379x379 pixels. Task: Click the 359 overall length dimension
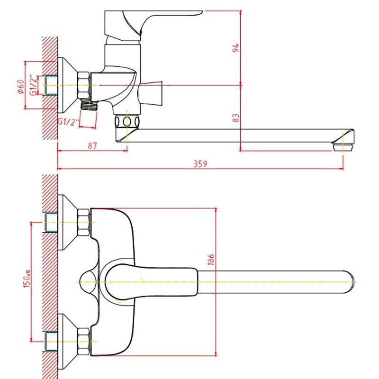tap(200, 164)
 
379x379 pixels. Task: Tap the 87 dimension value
tap(92, 146)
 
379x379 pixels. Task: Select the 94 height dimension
tap(235, 48)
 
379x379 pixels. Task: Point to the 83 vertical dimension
tap(235, 117)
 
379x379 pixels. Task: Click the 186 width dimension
tap(211, 259)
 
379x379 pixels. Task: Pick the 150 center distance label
tap(27, 279)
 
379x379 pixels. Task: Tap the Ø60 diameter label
tap(21, 87)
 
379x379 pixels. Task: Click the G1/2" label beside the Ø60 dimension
tap(34, 85)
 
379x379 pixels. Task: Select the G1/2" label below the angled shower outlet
tap(68, 122)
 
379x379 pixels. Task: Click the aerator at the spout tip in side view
tap(343, 146)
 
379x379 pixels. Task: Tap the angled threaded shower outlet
tap(89, 106)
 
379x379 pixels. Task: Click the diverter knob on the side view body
tap(151, 93)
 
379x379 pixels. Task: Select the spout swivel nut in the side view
tap(127, 122)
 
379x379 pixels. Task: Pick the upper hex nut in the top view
tap(84, 223)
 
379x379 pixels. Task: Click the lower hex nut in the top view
tap(84, 341)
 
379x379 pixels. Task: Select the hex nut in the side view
tap(84, 85)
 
